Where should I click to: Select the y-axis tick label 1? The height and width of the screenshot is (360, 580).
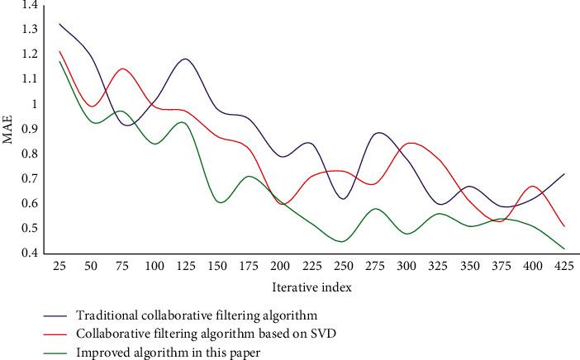click(35, 104)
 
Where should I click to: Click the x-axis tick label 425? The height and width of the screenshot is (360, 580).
click(563, 268)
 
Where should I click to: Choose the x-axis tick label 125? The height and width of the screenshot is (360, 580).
click(185, 268)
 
